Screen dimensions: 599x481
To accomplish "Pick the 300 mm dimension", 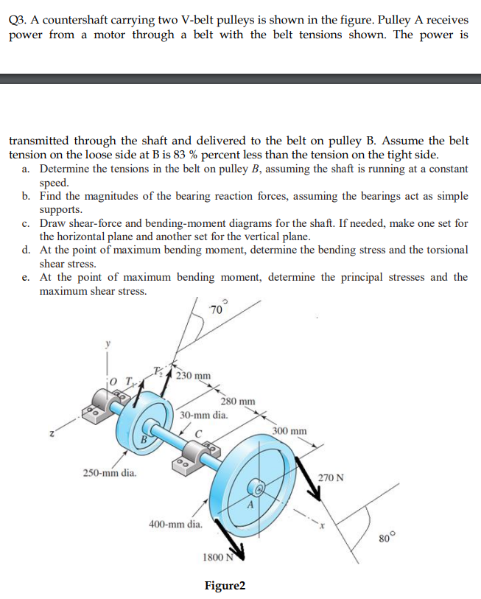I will click(289, 430).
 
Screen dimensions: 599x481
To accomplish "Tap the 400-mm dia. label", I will click(175, 525).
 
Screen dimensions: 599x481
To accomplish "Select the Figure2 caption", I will click(225, 586).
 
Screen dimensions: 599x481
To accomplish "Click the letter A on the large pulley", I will click(249, 506).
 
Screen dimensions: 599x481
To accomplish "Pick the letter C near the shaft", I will click(197, 432).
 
